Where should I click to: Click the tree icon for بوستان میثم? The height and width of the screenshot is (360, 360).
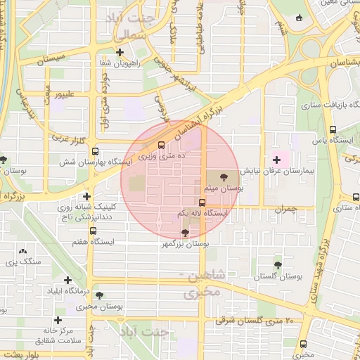click(x=224, y=178)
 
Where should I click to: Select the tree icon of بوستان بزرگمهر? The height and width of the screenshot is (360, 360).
click(x=185, y=233)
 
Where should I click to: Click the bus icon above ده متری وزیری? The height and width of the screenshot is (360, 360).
click(x=162, y=146)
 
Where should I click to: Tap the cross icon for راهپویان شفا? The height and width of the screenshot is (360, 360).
click(x=120, y=52)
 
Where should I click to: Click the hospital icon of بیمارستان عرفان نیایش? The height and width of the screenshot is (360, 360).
click(x=276, y=160)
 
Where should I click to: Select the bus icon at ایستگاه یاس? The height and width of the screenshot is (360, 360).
click(x=333, y=130)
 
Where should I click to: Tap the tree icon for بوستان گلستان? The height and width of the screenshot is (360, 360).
click(x=278, y=265)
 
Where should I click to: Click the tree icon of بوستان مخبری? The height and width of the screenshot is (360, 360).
click(x=98, y=295)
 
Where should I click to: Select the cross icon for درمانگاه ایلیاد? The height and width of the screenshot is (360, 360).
click(x=67, y=280)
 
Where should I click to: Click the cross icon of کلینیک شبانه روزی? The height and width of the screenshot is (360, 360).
click(x=86, y=197)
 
